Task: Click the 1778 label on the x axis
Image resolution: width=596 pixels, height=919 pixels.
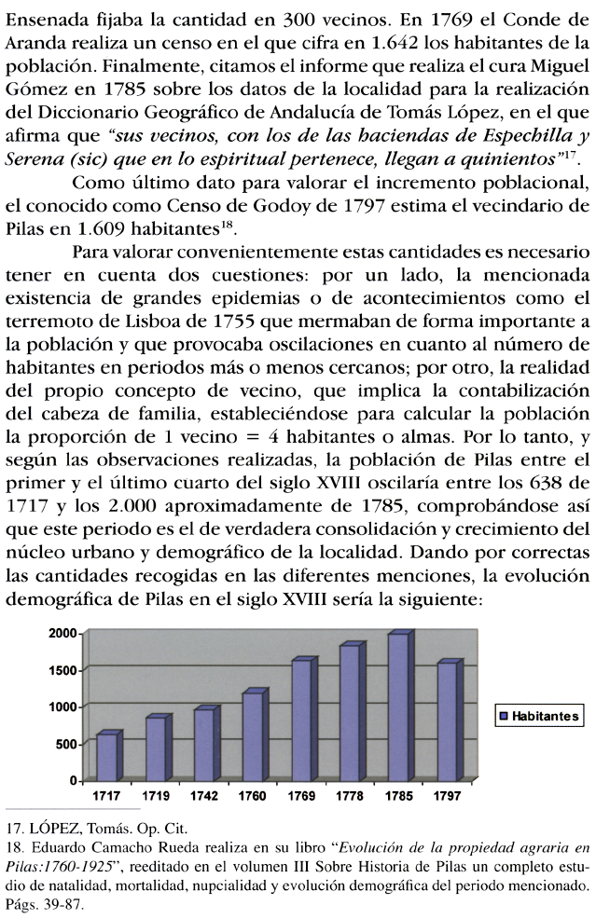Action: coord(351,796)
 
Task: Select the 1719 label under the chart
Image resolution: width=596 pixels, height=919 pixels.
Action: coord(156,796)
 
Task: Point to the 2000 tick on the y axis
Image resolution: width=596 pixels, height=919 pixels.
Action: coord(63,634)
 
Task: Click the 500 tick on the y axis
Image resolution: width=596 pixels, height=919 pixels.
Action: coord(68,744)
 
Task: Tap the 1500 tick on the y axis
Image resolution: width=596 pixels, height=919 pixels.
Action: coord(63,671)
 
